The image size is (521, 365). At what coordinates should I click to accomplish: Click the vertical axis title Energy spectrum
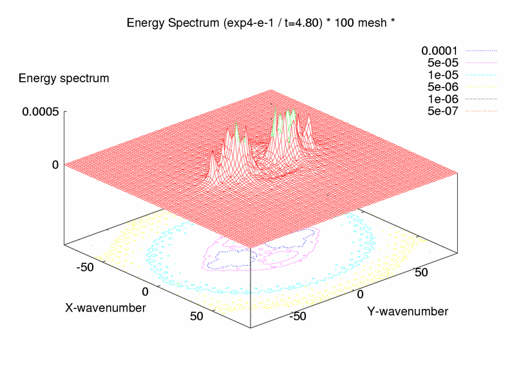click(x=64, y=78)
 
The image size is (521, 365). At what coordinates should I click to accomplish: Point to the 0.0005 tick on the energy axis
click(x=41, y=111)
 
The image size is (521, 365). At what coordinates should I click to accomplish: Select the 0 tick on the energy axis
click(x=55, y=164)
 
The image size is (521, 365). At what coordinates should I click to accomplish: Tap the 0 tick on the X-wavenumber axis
click(x=146, y=292)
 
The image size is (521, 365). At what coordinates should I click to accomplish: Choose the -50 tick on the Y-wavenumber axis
click(x=299, y=316)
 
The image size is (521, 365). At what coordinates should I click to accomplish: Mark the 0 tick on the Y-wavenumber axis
click(x=361, y=294)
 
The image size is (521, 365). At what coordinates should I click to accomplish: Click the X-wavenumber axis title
click(x=106, y=308)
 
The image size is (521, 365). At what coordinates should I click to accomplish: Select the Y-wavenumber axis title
click(x=408, y=312)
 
